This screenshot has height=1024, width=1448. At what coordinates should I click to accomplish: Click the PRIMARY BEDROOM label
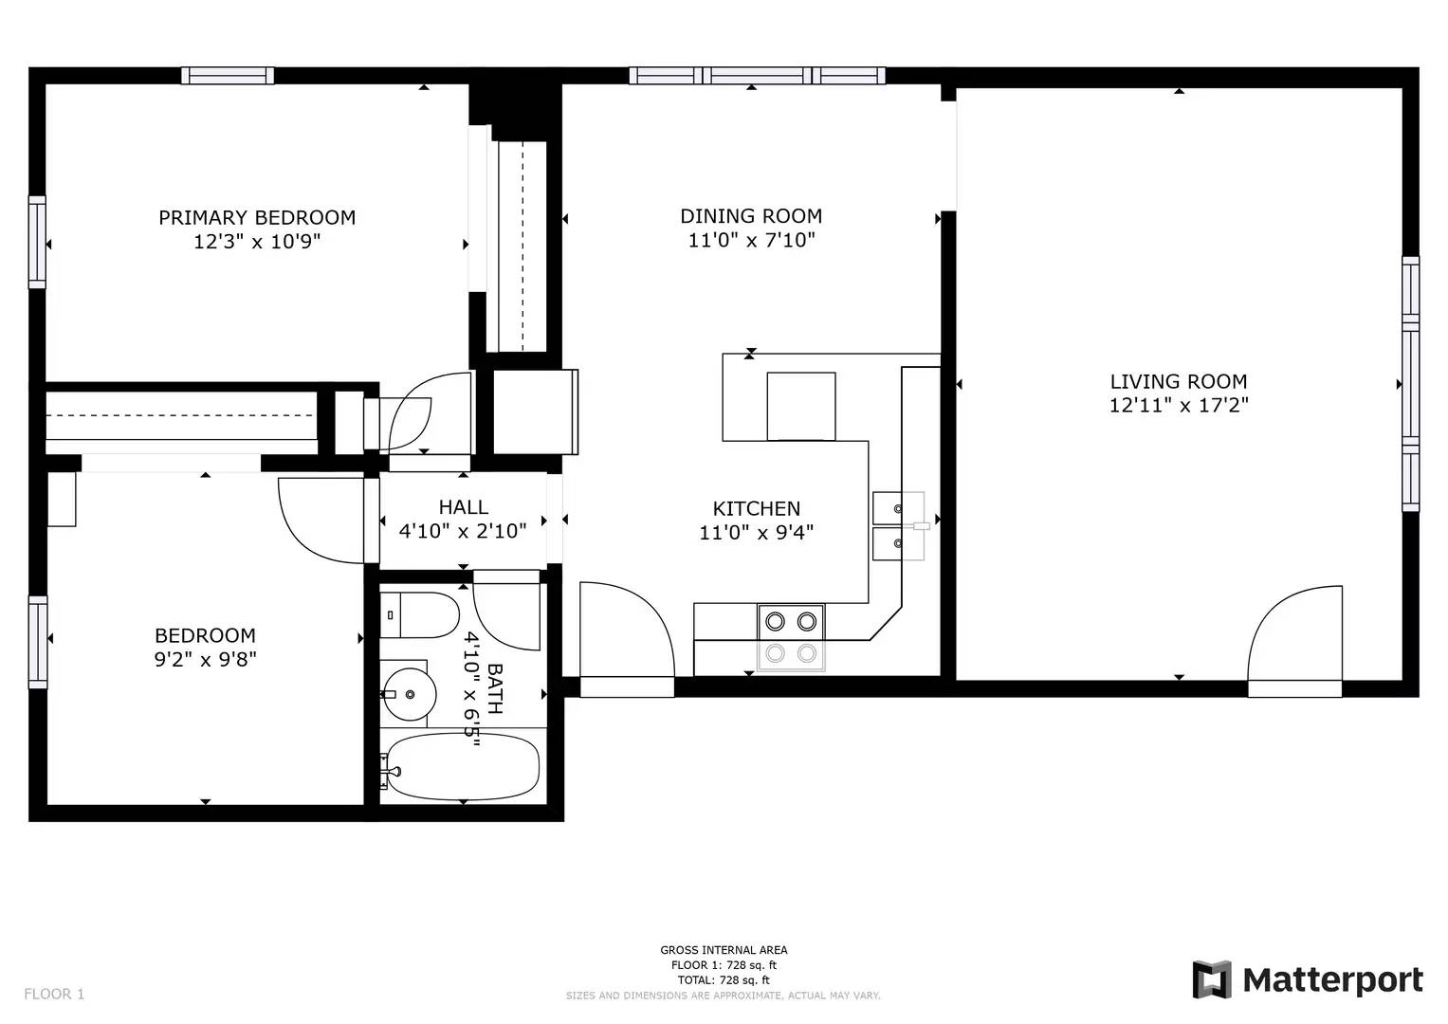point(257,217)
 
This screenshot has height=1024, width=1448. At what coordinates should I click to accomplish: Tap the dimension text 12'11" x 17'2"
point(1179,406)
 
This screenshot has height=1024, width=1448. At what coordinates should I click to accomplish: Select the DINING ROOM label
point(751,216)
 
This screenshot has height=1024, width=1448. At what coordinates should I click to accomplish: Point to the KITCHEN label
point(757,508)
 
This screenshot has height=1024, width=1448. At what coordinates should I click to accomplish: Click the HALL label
point(464,507)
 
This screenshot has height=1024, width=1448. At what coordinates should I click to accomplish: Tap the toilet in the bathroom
point(419,614)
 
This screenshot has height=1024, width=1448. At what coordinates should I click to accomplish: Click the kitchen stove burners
point(791,637)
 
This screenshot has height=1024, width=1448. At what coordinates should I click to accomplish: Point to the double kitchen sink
point(898,525)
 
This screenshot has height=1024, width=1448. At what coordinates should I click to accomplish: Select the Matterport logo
point(1308,980)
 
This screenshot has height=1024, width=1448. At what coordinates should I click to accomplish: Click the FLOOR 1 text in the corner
point(54,995)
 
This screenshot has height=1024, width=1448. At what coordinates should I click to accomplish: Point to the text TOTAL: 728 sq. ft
point(724,980)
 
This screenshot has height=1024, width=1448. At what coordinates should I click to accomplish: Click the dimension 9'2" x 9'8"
point(206,659)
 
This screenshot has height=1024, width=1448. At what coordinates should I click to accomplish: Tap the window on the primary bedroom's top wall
point(228,76)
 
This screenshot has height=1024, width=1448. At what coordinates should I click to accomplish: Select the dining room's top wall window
point(757,76)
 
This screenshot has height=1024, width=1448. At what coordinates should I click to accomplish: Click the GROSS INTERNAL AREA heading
point(724,950)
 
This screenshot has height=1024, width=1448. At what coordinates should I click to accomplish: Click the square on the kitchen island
point(801,407)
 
